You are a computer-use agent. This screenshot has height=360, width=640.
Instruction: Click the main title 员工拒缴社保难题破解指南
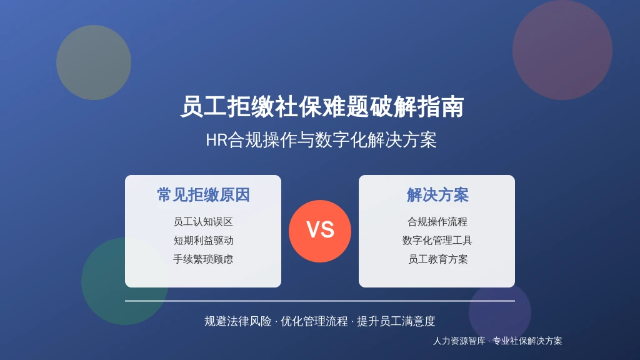pyautogui.click(x=322, y=106)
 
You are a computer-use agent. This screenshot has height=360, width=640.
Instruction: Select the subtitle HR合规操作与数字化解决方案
pyautogui.click(x=321, y=140)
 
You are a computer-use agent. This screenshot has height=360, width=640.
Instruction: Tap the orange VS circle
pyautogui.click(x=320, y=231)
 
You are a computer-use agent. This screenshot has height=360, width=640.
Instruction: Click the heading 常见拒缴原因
pyautogui.click(x=203, y=195)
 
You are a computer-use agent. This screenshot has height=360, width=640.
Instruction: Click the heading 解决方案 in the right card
pyautogui.click(x=437, y=195)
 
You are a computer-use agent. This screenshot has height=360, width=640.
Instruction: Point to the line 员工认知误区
pyautogui.click(x=203, y=222)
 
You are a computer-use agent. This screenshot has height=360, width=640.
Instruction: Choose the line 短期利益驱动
pyautogui.click(x=203, y=241)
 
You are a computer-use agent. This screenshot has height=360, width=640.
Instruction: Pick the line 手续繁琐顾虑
pyautogui.click(x=203, y=259)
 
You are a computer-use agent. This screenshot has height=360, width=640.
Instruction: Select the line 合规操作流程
pyautogui.click(x=437, y=222)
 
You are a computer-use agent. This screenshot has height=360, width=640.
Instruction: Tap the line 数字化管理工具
pyautogui.click(x=437, y=241)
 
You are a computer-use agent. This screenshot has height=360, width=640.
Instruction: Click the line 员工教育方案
pyautogui.click(x=437, y=259)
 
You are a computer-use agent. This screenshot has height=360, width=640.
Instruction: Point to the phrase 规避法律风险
pyautogui.click(x=238, y=321)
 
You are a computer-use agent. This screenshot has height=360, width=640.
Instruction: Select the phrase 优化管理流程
pyautogui.click(x=314, y=321)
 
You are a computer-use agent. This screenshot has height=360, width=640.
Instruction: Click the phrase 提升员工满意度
pyautogui.click(x=396, y=321)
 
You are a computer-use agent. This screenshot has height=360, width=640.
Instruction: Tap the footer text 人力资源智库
pyautogui.click(x=459, y=341)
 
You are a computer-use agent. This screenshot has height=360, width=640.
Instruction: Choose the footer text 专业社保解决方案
pyautogui.click(x=527, y=341)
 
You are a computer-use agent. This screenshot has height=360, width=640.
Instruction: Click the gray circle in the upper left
pyautogui.click(x=94, y=62)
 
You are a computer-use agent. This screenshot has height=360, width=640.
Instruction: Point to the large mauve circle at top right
pyautogui.click(x=562, y=50)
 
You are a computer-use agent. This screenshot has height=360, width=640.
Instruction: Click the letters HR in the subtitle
pyautogui.click(x=216, y=140)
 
